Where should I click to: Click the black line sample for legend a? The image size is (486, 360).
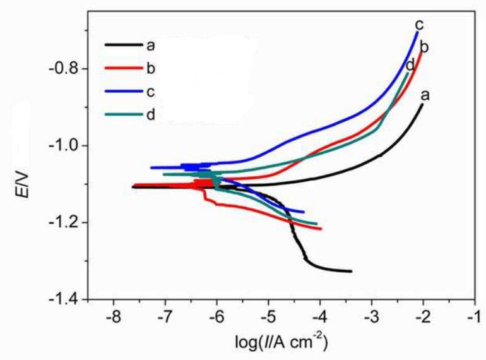124,45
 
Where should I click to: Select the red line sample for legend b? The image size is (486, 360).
124,68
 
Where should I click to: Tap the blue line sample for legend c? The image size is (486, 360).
124,92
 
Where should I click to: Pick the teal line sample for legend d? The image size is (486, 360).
124,114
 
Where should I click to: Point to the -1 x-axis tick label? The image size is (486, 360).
474,315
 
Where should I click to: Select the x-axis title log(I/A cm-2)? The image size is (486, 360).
280,342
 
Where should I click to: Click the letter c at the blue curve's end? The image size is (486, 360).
418,25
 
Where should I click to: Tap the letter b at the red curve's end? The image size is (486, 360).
424,47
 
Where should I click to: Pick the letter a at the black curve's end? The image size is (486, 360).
425,95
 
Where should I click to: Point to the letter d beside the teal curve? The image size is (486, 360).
410,64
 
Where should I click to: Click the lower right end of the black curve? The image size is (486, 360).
351,271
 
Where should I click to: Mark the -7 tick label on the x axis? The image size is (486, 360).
165,315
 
